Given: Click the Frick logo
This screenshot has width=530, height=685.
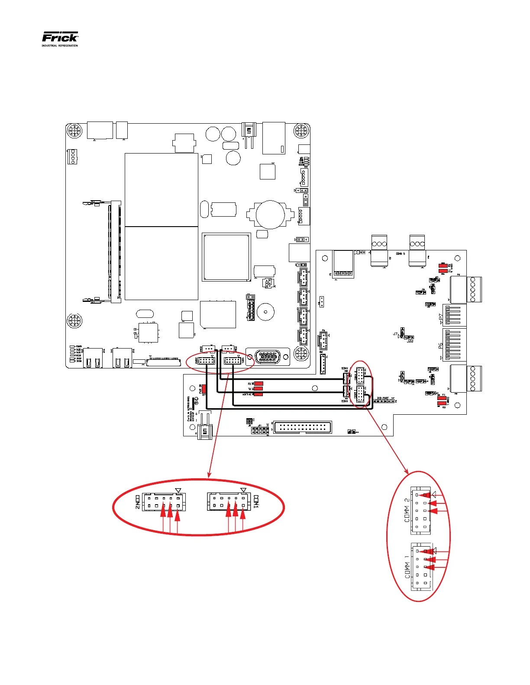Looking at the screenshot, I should point(60,38).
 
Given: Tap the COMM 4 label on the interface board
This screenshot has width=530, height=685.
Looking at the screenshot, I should point(362,253).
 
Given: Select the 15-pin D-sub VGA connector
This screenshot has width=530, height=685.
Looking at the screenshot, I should point(268,357).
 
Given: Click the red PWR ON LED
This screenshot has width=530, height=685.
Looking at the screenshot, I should point(204,388).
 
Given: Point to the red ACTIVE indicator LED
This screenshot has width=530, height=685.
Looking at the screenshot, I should point(259,394).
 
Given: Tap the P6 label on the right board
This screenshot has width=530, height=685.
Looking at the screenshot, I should point(440,346).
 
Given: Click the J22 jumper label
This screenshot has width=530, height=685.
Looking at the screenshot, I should point(410,341).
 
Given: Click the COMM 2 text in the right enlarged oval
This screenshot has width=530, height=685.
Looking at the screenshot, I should point(407,510).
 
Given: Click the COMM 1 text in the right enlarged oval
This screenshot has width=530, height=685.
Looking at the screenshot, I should point(407,567).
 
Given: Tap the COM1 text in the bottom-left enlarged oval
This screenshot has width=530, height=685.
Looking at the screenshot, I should point(256,502).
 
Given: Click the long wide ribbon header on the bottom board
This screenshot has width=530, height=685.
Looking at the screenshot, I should point(303,427).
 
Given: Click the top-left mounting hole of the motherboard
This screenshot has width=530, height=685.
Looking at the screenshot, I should point(74,131).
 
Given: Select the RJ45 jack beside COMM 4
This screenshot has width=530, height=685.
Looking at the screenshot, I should point(343,263).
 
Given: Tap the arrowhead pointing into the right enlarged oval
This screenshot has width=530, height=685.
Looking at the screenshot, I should point(406,470).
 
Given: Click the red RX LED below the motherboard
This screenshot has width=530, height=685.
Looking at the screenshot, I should point(259,384).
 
